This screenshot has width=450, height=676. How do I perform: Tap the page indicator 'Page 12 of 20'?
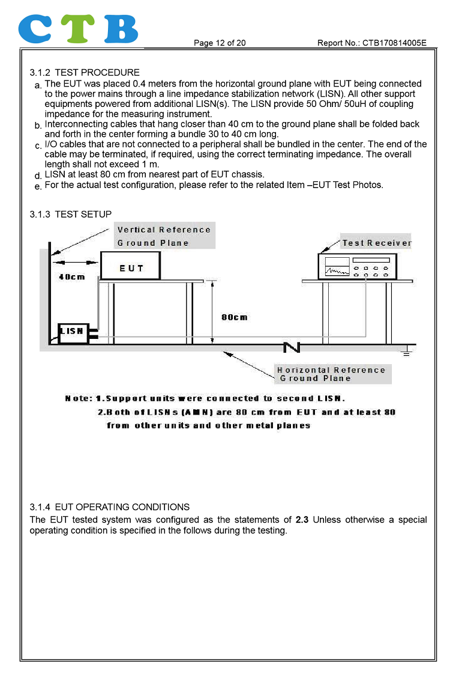pos(220,43)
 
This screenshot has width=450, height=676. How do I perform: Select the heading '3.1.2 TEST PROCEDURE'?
pos(85,73)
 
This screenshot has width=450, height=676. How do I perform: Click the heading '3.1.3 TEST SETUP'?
pos(71,215)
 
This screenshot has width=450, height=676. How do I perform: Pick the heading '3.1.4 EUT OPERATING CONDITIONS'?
pos(110,507)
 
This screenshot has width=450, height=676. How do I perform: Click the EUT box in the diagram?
pos(131,266)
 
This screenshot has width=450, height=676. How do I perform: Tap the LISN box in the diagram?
pos(71,331)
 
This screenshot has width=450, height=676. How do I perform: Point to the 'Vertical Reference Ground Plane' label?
pos(163,236)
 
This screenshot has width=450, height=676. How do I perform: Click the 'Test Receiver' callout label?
pos(376,243)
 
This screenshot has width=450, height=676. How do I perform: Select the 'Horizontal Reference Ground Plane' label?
pos(331,374)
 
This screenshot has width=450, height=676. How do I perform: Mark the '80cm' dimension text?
pos(234,317)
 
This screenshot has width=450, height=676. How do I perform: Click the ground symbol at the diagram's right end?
pos(407,351)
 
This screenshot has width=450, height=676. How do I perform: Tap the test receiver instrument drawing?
pos(357,266)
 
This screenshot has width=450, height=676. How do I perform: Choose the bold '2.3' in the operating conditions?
pos(302,520)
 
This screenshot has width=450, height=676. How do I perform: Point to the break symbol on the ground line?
pos(291,346)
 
